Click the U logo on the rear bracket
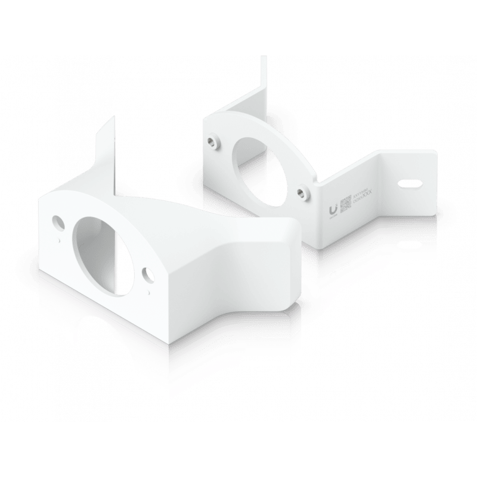pyautogui.click(x=332, y=207)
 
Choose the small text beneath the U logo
pyautogui.click(x=332, y=218)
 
